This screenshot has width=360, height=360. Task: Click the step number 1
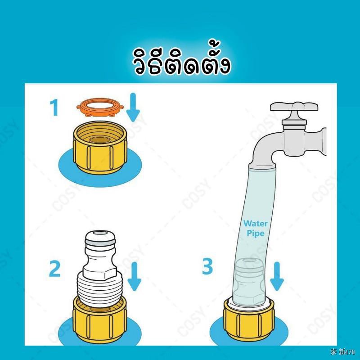pyautogui.click(x=54, y=108)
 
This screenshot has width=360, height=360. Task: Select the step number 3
pyautogui.click(x=207, y=266)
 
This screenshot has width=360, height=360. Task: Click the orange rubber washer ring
pyautogui.click(x=100, y=107)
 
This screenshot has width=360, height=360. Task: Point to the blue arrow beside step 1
pyautogui.click(x=133, y=107)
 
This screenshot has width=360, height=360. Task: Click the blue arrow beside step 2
pyautogui.click(x=134, y=276)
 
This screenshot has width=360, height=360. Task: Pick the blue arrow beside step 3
pyautogui.click(x=277, y=276)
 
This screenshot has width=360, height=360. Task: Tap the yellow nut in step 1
pyautogui.click(x=100, y=147)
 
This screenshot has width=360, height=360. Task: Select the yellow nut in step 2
pyautogui.click(x=100, y=319)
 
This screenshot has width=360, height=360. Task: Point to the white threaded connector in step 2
pyautogui.click(x=100, y=269)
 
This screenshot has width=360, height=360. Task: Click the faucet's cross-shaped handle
pyautogui.click(x=294, y=108)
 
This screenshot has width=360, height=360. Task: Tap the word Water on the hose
pyautogui.click(x=256, y=223)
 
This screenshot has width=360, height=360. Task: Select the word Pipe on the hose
pyautogui.click(x=255, y=234)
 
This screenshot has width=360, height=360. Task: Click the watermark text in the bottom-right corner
pyautogui.click(x=342, y=351)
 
